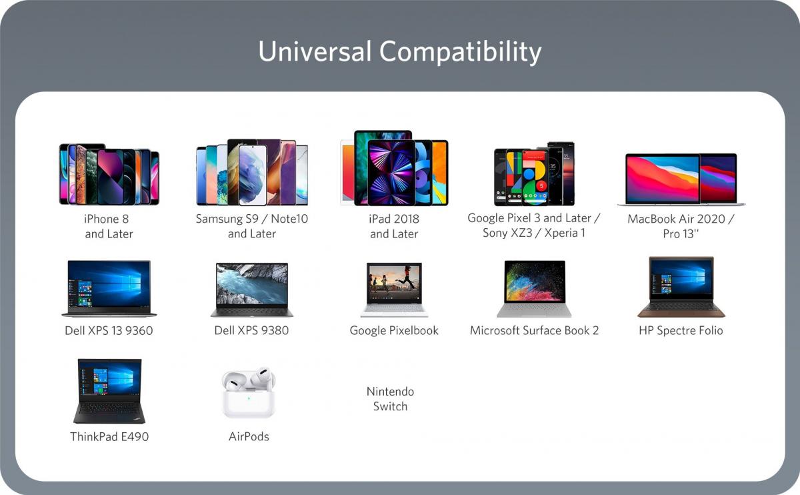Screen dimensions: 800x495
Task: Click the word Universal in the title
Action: coord(315,51)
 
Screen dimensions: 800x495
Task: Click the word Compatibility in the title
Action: coord(460,53)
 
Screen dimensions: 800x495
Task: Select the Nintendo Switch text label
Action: coord(391,399)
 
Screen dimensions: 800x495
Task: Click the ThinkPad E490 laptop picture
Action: coord(109,391)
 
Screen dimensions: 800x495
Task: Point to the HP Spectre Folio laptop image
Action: coord(681,287)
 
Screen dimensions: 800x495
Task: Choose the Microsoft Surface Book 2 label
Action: coord(534,331)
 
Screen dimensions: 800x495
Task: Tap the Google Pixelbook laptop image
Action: coord(394,290)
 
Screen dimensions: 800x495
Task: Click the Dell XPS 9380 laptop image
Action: coord(252,290)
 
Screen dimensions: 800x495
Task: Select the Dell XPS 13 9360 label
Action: coord(109,331)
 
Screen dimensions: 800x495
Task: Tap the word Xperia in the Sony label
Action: coord(561,233)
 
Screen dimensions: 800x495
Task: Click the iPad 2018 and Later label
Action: coord(394,226)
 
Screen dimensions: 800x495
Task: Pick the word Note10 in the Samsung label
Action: coord(289,219)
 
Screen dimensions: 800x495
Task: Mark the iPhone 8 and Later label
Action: coord(109,226)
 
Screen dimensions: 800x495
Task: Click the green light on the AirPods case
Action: coord(249,398)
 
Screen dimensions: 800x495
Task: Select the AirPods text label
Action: coord(249,436)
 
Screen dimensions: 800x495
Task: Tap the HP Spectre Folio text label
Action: coord(681,331)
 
